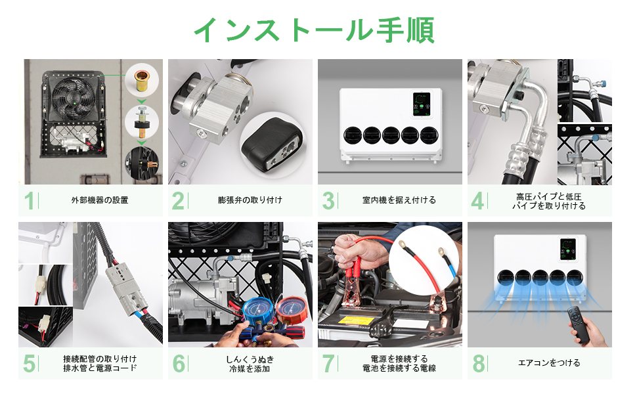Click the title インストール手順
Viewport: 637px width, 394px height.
[313, 29]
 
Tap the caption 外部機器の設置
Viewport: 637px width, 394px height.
[100, 200]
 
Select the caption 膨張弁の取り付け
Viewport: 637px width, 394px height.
[250, 200]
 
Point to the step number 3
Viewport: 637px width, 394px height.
[328, 201]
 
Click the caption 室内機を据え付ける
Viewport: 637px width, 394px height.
[399, 200]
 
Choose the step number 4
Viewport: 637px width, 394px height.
[477, 201]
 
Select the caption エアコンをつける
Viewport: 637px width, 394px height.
[549, 362]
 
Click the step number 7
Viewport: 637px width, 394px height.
[328, 364]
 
